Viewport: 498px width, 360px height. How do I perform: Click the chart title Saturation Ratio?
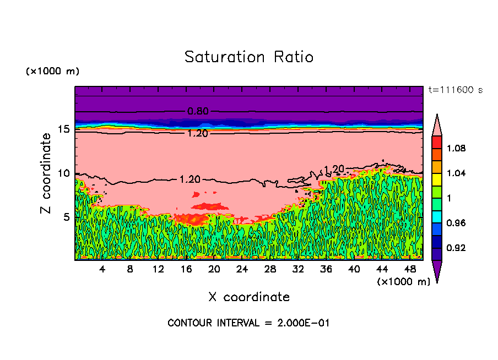click(249, 57)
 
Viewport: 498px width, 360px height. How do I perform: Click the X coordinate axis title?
click(249, 297)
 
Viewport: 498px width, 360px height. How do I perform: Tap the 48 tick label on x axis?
click(410, 269)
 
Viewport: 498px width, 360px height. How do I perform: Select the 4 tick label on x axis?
click(102, 269)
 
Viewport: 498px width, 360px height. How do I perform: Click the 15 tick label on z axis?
click(64, 129)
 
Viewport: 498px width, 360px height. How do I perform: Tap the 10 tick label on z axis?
click(64, 173)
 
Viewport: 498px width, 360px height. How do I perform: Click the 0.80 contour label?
click(198, 111)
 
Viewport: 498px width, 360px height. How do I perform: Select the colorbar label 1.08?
click(457, 148)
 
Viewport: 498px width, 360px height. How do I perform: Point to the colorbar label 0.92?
click(457, 248)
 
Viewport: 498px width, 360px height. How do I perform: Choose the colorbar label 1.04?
click(457, 173)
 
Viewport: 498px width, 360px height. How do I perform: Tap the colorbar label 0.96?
click(457, 223)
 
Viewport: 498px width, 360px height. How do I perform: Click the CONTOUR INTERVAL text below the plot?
click(248, 323)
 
